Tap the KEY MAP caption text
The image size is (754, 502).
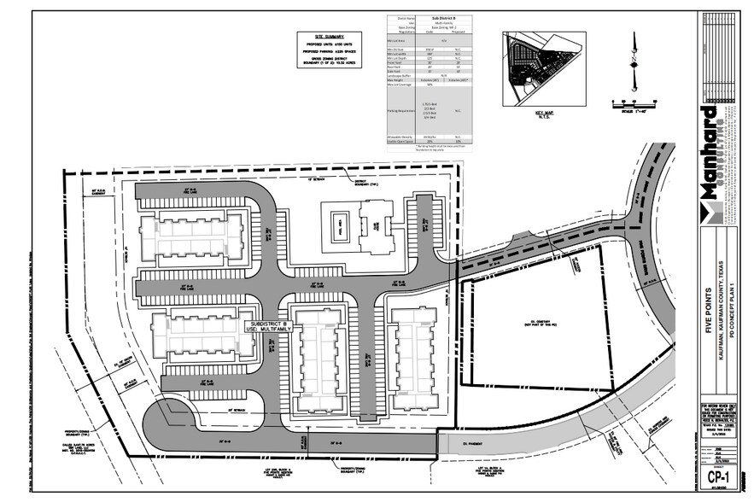point(544,113)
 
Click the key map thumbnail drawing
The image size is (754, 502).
point(545,67)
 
